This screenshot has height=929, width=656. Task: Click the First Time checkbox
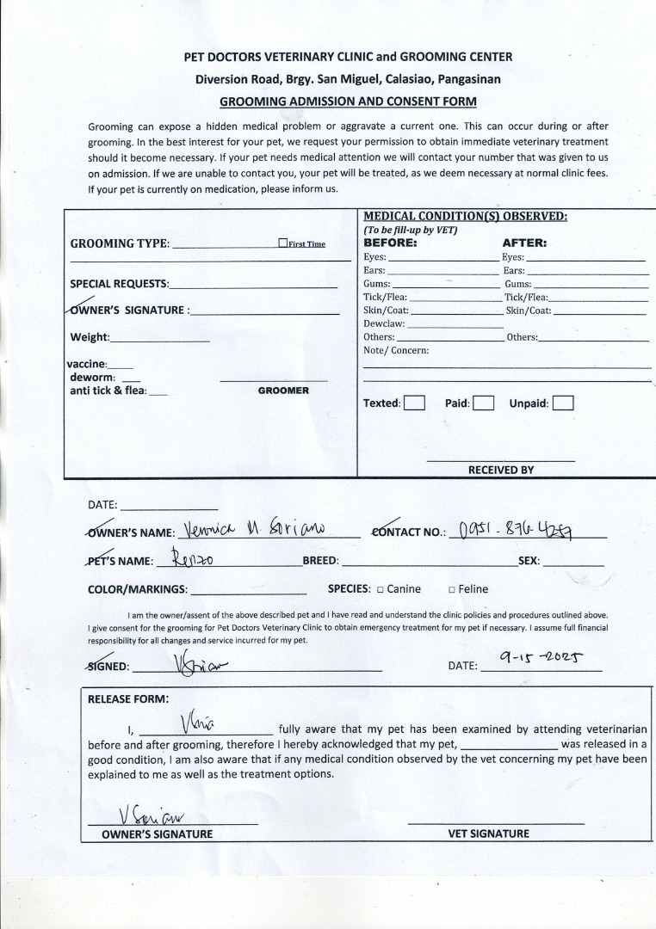(x=282, y=243)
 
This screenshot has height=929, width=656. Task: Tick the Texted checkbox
(x=414, y=403)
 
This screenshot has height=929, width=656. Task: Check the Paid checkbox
(x=483, y=403)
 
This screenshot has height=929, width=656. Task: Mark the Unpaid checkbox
(x=563, y=403)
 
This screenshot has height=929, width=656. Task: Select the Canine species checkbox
(x=380, y=589)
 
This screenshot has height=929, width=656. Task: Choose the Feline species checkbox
(x=452, y=589)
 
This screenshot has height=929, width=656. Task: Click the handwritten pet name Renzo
(x=194, y=559)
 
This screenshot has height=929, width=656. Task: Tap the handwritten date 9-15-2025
(x=541, y=659)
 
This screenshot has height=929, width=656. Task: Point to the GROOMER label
(x=283, y=391)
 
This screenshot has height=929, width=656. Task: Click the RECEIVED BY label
(x=501, y=470)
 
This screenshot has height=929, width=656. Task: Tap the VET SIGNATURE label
(x=488, y=834)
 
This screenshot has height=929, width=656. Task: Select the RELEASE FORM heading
(x=128, y=698)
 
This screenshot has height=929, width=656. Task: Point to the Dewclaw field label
(x=383, y=324)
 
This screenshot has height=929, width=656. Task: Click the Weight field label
(x=90, y=337)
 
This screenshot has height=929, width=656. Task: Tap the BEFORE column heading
(x=390, y=243)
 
